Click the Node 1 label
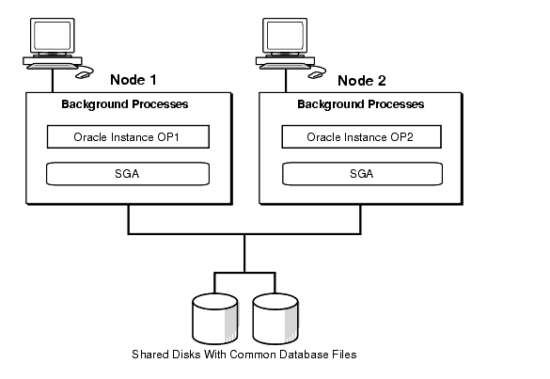(x=134, y=80)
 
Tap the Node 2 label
(x=362, y=81)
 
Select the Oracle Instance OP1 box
(x=128, y=137)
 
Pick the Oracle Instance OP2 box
(x=361, y=137)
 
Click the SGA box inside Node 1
(x=128, y=174)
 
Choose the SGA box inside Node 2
(x=362, y=174)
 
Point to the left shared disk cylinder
(x=215, y=319)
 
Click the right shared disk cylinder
(x=275, y=319)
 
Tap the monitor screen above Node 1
(x=53, y=36)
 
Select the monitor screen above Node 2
(x=285, y=36)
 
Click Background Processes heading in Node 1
(x=125, y=104)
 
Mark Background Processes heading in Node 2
(x=361, y=104)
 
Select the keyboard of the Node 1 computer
(x=53, y=67)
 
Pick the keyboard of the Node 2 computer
(x=285, y=67)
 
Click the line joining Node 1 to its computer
(x=53, y=81)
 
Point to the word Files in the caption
(x=345, y=355)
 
